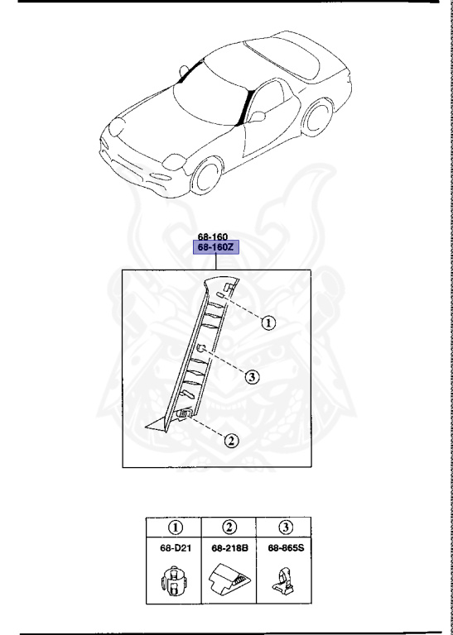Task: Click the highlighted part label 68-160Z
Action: click(214, 246)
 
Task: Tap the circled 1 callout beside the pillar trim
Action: click(267, 323)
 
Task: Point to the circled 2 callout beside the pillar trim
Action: click(233, 440)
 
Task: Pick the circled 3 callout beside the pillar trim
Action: click(253, 377)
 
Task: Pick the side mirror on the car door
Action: click(258, 116)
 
